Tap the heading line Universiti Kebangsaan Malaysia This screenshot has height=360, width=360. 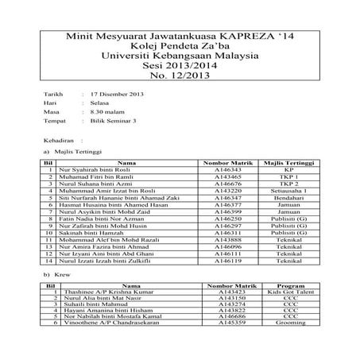click(180, 57)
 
